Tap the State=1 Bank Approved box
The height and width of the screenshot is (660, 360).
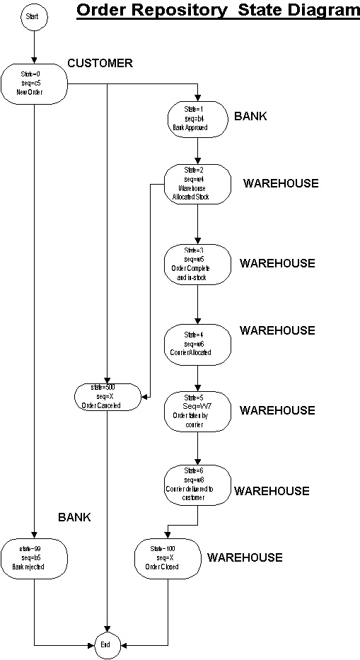coord(197,119)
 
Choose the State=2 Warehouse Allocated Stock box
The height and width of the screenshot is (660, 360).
coord(197,184)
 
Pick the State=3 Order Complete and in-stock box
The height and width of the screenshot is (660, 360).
coord(197,264)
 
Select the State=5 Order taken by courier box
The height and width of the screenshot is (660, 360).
coord(197,411)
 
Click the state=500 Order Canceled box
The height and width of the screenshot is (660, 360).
coord(107,397)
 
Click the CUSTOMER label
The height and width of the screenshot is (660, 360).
coord(100,64)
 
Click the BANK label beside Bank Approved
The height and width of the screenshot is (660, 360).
coord(250,116)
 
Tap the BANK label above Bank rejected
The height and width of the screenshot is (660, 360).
coord(74,517)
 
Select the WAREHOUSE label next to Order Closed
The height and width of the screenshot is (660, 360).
coord(245,557)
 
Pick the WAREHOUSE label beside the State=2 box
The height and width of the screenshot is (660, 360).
coord(281,183)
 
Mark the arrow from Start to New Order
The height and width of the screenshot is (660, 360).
coord(33,47)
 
